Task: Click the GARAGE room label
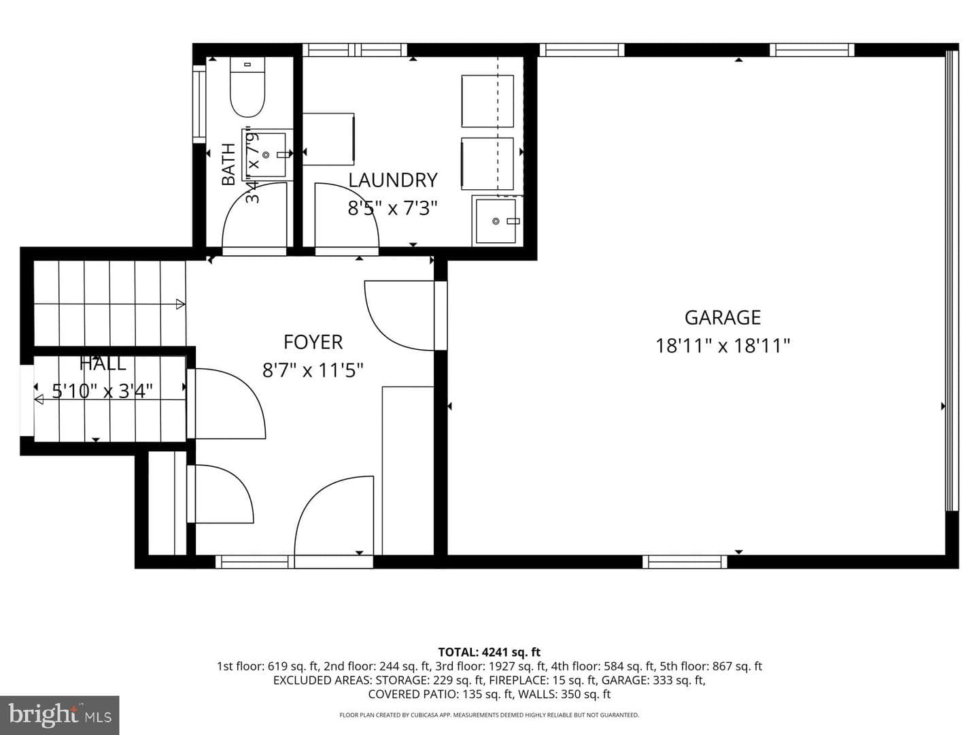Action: pyautogui.click(x=722, y=318)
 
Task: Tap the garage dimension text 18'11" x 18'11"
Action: pyautogui.click(x=722, y=346)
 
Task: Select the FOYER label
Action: pyautogui.click(x=313, y=342)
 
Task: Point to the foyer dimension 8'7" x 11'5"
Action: pyautogui.click(x=313, y=370)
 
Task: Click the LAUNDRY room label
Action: pyautogui.click(x=392, y=180)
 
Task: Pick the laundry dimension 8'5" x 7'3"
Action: pyautogui.click(x=392, y=208)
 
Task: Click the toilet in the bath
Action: pyautogui.click(x=247, y=86)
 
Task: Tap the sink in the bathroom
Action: pyautogui.click(x=266, y=154)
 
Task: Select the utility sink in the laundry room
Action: pyautogui.click(x=497, y=221)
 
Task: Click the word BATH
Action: pyautogui.click(x=228, y=164)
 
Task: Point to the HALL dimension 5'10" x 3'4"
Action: pyautogui.click(x=102, y=391)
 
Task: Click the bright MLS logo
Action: pyautogui.click(x=59, y=715)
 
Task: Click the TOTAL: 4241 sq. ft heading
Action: pyautogui.click(x=489, y=653)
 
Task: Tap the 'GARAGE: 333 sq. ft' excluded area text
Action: pyautogui.click(x=653, y=680)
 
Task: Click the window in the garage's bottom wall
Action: pyautogui.click(x=685, y=562)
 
